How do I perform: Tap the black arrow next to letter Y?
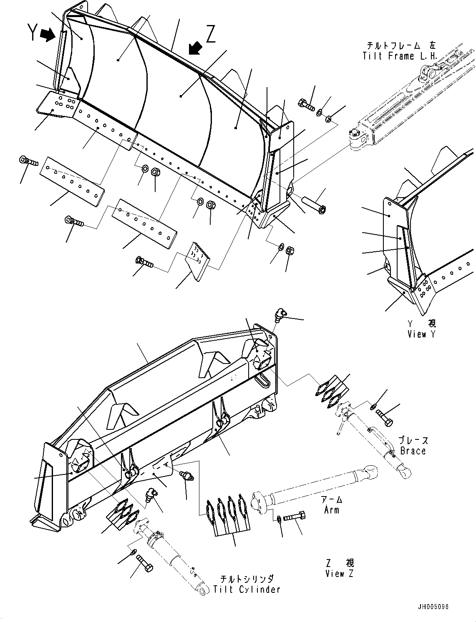[x=49, y=35]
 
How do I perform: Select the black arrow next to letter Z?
[x=194, y=48]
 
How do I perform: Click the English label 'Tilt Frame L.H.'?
[x=400, y=56]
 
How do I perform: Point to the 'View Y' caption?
[x=422, y=334]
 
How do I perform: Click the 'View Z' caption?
[x=340, y=573]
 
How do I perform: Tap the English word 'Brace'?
[x=413, y=451]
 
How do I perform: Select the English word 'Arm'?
[x=332, y=509]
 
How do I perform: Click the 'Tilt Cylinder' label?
[x=247, y=589]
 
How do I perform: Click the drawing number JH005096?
[x=433, y=607]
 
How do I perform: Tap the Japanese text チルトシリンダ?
[x=247, y=579]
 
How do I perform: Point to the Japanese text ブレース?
[x=413, y=440]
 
